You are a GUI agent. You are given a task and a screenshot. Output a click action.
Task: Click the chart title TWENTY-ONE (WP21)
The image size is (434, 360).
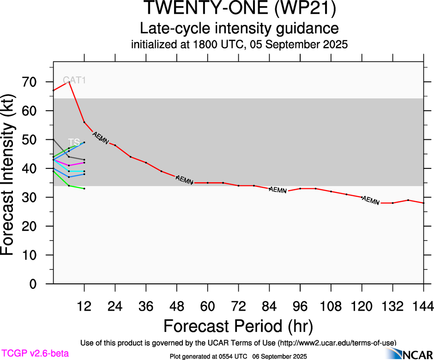pyautogui.click(x=239, y=9)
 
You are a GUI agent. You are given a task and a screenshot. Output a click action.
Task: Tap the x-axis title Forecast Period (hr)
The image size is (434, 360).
pyautogui.click(x=238, y=326)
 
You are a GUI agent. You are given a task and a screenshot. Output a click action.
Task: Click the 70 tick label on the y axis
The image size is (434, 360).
pyautogui.click(x=32, y=82)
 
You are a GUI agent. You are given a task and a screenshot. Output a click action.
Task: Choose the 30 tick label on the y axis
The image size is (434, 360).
pyautogui.click(x=32, y=198)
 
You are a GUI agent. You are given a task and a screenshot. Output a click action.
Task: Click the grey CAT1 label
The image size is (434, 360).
pyautogui.click(x=74, y=80)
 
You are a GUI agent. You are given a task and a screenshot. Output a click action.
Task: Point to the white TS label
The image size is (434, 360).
pyautogui.click(x=74, y=142)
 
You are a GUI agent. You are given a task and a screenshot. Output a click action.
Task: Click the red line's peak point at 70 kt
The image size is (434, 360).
pyautogui.click(x=69, y=82)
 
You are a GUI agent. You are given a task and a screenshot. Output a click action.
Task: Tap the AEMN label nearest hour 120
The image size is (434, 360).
pyautogui.click(x=371, y=200)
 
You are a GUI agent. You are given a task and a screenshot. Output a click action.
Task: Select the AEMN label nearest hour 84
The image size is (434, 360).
pyautogui.click(x=278, y=190)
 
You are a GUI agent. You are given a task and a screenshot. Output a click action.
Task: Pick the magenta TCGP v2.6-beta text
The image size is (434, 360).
pyautogui.click(x=35, y=354)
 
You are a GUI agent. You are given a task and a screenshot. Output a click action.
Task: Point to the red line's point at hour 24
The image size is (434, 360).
pyautogui.click(x=115, y=145)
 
